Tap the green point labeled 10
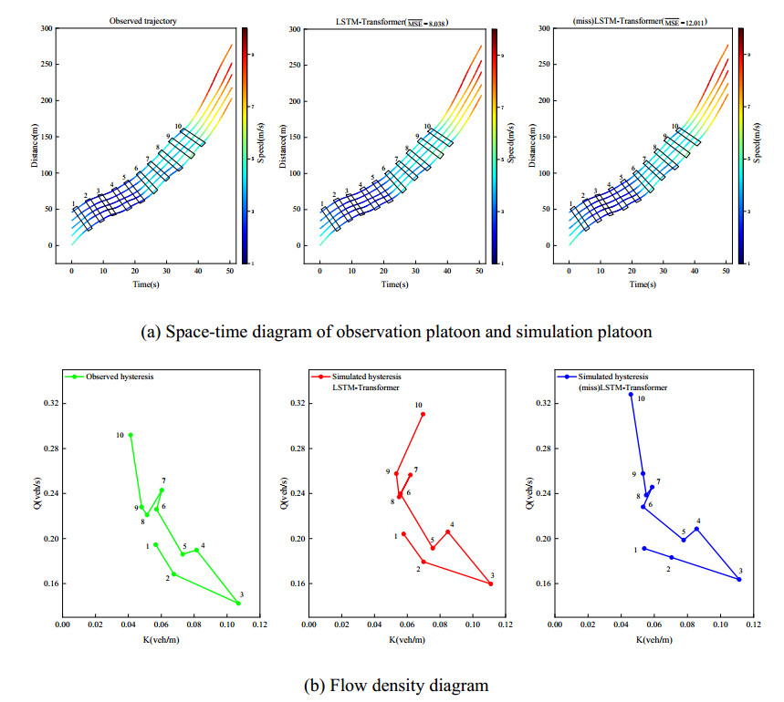point(131,435)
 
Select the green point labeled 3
point(238,604)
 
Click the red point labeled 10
point(423,414)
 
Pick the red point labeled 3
point(491,583)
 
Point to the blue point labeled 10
point(631,394)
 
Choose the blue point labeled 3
point(739,579)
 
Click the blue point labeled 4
point(696,529)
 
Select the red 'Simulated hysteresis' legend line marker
point(321,376)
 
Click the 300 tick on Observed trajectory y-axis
point(44,29)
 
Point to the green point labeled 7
point(162,490)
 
